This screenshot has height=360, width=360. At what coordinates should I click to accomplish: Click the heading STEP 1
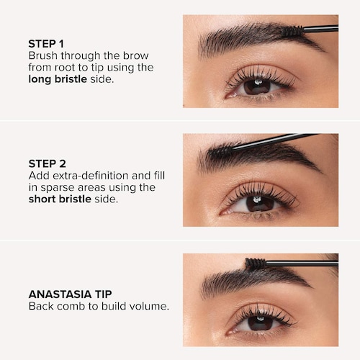(x=46, y=44)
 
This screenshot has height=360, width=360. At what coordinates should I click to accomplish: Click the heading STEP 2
(x=48, y=163)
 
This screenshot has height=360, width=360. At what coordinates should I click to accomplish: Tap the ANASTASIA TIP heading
(x=70, y=294)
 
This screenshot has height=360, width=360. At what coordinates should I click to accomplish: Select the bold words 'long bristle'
(x=58, y=79)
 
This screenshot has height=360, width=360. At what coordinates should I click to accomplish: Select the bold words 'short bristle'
(x=60, y=199)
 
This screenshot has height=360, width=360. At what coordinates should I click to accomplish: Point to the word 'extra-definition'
(x=91, y=176)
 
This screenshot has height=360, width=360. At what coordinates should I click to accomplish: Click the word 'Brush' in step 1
(x=43, y=55)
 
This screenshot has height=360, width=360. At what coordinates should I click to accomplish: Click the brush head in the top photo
(x=292, y=31)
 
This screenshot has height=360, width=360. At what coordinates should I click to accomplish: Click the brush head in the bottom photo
(x=256, y=264)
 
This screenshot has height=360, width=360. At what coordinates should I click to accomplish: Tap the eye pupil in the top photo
(x=257, y=87)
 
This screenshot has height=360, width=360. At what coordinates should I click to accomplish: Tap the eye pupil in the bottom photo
(x=261, y=323)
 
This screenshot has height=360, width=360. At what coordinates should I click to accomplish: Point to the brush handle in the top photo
(x=321, y=29)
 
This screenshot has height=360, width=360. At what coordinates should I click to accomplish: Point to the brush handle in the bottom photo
(x=302, y=263)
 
